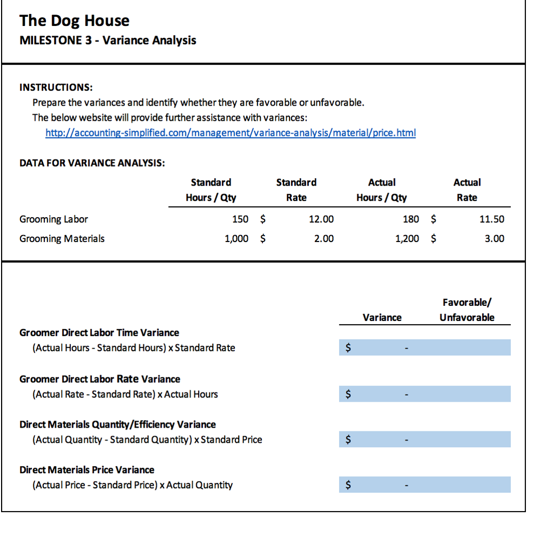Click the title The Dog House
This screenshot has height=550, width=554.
pyautogui.click(x=75, y=21)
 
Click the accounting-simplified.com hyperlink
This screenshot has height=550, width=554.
pyautogui.click(x=230, y=133)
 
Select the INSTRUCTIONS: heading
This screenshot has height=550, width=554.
pyautogui.click(x=56, y=87)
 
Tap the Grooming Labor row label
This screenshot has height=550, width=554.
pyautogui.click(x=54, y=219)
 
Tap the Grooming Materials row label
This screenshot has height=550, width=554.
pyautogui.click(x=62, y=239)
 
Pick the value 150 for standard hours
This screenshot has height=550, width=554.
pyautogui.click(x=240, y=219)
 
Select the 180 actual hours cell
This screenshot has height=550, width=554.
pyautogui.click(x=411, y=219)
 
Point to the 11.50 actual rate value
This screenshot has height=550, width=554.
pyautogui.click(x=492, y=219)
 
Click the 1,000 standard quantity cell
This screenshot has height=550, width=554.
pyautogui.click(x=236, y=239)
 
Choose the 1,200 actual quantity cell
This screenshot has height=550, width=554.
pyautogui.click(x=407, y=239)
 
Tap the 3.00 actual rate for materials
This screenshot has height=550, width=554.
pyautogui.click(x=494, y=239)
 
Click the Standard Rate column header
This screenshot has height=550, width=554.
pyautogui.click(x=296, y=190)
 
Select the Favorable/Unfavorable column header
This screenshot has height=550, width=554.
pyautogui.click(x=467, y=310)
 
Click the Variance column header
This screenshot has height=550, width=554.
pyautogui.click(x=382, y=318)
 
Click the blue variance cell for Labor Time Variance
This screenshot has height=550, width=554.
pyautogui.click(x=381, y=348)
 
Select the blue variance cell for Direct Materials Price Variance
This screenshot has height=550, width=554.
pyautogui.click(x=381, y=484)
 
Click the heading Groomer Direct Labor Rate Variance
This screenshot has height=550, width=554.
pyautogui.click(x=100, y=379)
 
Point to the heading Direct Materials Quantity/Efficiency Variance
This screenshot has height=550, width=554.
pyautogui.click(x=117, y=424)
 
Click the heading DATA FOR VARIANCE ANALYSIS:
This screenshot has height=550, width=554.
pyautogui.click(x=92, y=163)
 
